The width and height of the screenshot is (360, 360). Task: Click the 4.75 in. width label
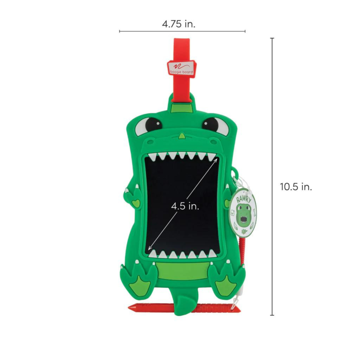(179, 24)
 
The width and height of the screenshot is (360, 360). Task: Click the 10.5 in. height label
(296, 187)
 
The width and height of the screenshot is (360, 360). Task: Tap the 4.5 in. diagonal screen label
(185, 206)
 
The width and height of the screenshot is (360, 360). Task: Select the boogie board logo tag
(182, 67)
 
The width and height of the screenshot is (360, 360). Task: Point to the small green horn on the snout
(182, 136)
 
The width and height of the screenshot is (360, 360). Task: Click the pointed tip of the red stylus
(129, 307)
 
